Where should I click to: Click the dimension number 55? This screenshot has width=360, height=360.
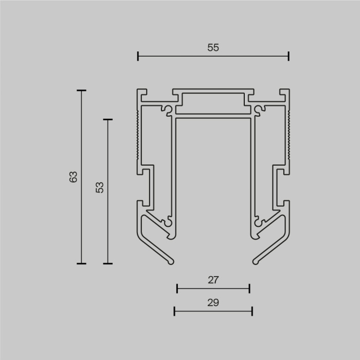coord(213,47)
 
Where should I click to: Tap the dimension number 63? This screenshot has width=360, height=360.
coord(73,177)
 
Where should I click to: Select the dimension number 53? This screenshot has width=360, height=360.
coord(100,187)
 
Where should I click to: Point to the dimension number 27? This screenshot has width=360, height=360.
coord(213,280)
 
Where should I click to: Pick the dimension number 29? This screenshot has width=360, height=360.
coord(213,302)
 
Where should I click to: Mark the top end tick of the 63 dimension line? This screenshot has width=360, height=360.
coord(81,91)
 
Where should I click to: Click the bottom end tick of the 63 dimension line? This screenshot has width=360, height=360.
coord(81,263)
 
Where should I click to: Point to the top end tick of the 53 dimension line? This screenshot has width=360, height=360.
coord(107,120)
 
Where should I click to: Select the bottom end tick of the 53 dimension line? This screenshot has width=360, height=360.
coord(107,263)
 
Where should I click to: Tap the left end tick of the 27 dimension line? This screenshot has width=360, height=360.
coord(177,289)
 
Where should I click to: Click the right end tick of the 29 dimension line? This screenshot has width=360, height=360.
coord(252,311)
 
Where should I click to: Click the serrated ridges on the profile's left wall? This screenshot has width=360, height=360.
coord(138,134)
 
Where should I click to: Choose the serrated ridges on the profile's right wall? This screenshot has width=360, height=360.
coord(289,134)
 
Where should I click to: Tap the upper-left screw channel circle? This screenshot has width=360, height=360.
coord(168,110)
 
